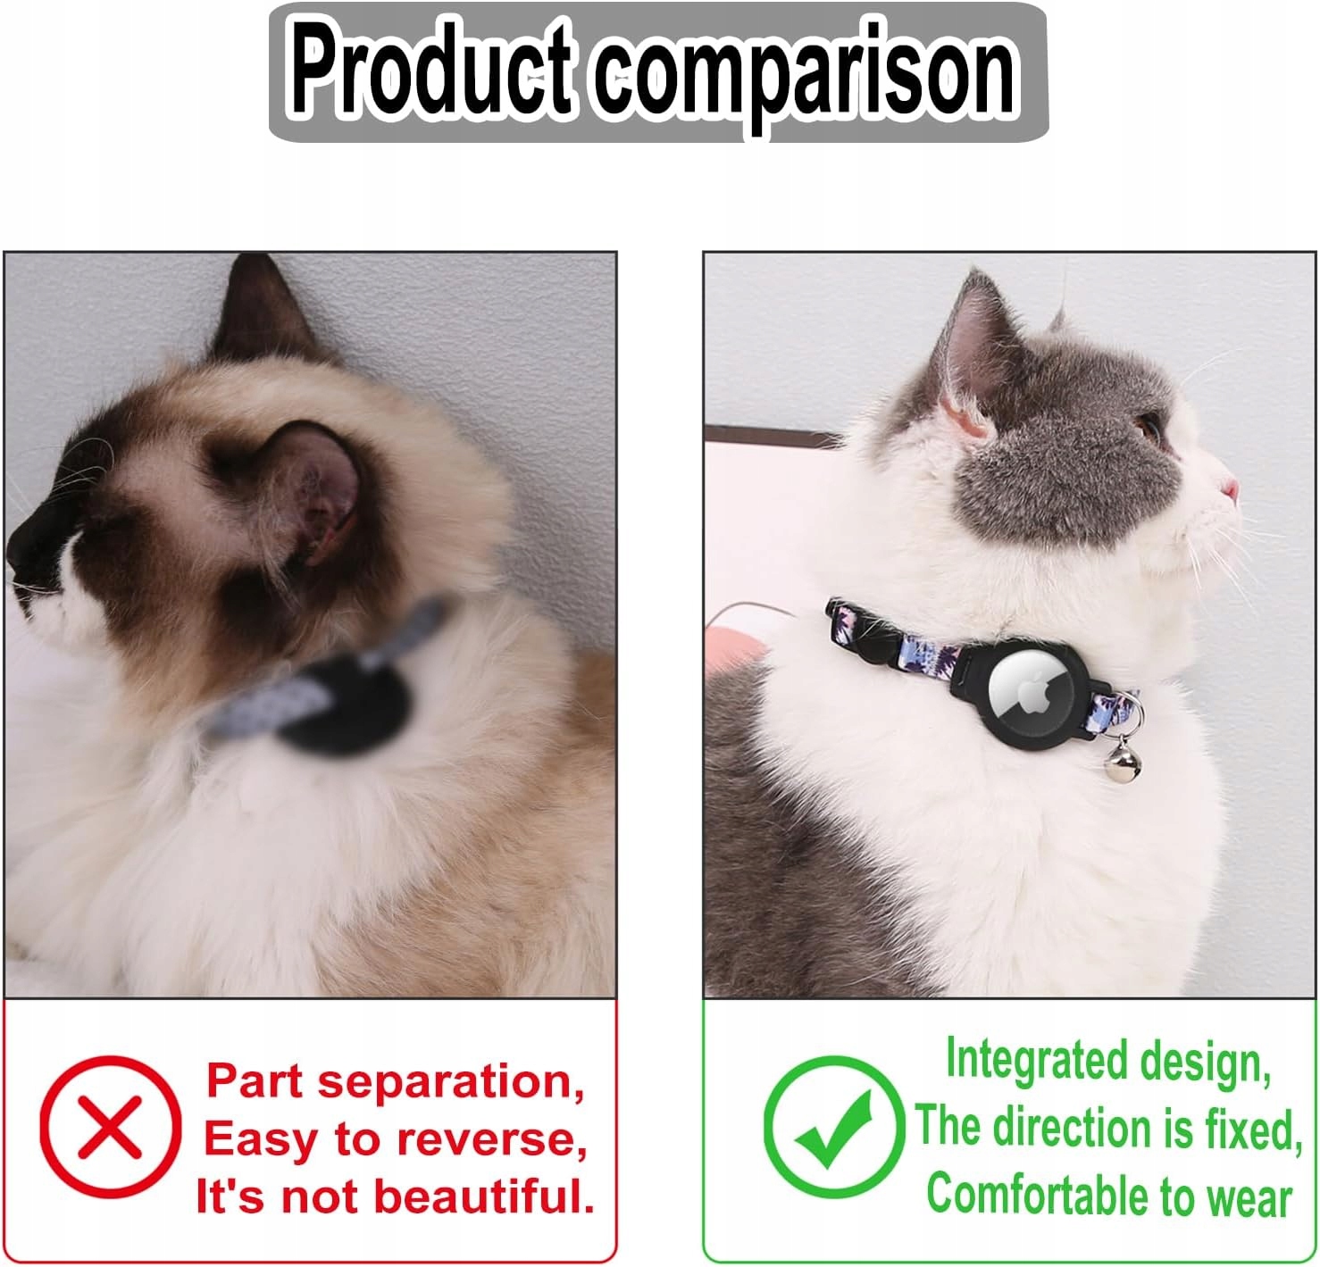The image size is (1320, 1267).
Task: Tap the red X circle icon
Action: point(110,1127)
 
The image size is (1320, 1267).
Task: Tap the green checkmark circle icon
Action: point(833,1127)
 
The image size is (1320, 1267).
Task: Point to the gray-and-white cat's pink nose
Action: point(1231,488)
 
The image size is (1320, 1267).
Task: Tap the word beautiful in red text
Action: point(484,1196)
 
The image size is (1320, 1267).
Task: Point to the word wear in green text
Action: point(1249,1199)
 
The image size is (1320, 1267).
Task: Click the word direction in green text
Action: point(1074,1129)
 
